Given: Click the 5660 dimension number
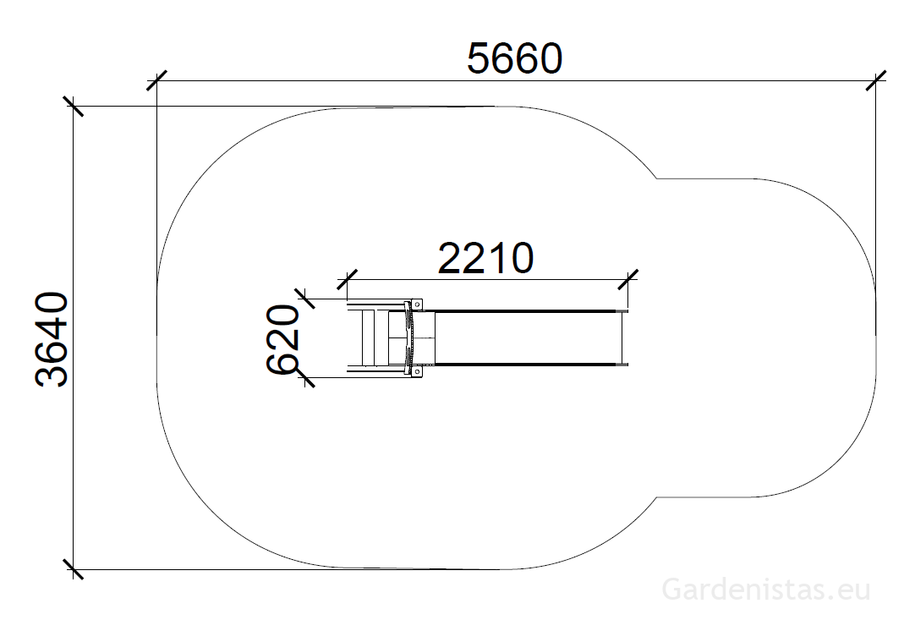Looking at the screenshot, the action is coord(515,59).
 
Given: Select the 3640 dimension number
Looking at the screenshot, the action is coord(52,339).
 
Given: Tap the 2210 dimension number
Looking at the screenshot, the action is coord(485,259).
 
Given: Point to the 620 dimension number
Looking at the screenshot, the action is coord(283,338).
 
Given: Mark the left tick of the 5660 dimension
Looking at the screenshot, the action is coord(157,80).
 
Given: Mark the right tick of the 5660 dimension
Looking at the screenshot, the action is coord(876,80).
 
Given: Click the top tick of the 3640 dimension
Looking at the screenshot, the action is coord(73,107).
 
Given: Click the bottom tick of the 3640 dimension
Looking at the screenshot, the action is coord(73,569).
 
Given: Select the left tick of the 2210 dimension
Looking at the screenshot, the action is coord(348,280).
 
